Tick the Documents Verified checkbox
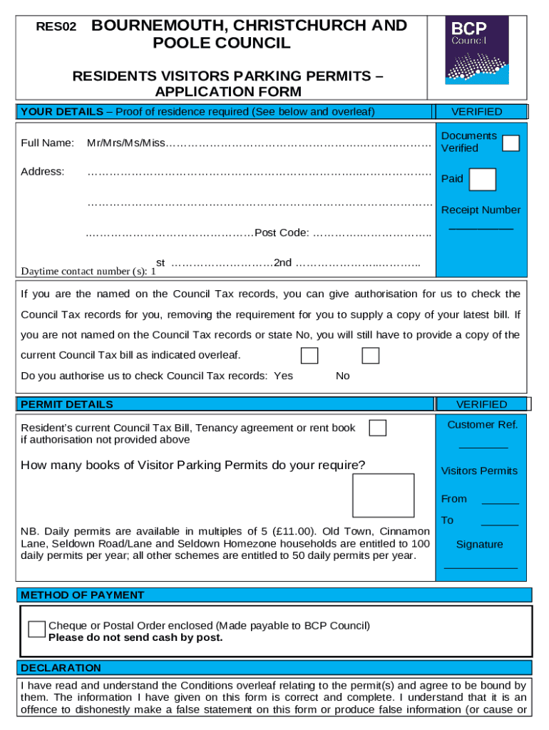click(510, 143)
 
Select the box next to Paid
click(483, 180)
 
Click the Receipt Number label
click(481, 210)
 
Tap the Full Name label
click(48, 143)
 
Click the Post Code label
click(282, 232)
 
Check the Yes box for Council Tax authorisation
click(309, 356)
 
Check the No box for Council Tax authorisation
click(370, 356)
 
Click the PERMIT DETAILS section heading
click(67, 404)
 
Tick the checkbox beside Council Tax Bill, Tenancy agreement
click(378, 428)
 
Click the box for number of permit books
click(383, 495)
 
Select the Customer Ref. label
click(482, 425)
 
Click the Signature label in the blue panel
click(479, 544)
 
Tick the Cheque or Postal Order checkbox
click(36, 629)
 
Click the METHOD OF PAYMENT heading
click(83, 595)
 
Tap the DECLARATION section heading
click(61, 668)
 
